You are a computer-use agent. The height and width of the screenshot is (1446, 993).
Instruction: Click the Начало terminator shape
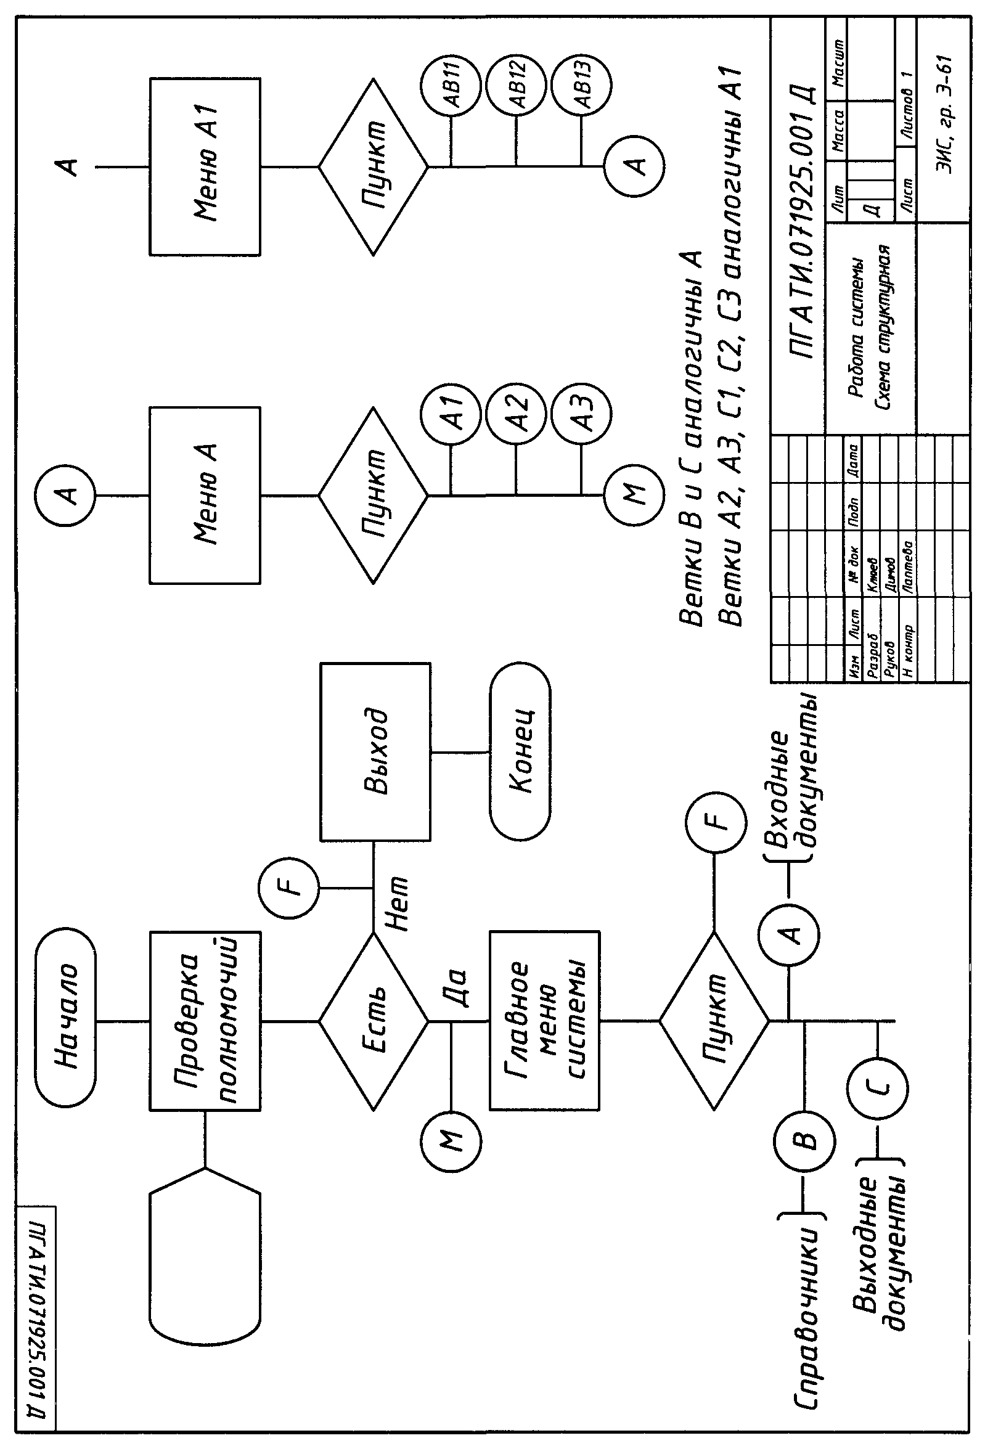pyautogui.click(x=66, y=1022)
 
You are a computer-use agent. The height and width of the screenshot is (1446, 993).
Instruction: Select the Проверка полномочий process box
pyautogui.click(x=205, y=1021)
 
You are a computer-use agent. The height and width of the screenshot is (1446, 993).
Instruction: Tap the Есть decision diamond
pyautogui.click(x=374, y=1021)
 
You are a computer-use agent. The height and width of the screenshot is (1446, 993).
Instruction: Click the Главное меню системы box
pyautogui.click(x=544, y=1021)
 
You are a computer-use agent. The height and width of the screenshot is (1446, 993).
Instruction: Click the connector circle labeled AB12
pyautogui.click(x=516, y=84)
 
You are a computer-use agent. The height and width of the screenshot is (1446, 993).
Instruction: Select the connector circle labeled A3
pyautogui.click(x=582, y=414)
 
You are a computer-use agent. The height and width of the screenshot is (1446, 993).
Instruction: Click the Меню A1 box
pyautogui.click(x=205, y=167)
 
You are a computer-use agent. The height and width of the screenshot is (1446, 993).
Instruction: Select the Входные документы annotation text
pyautogui.click(x=790, y=790)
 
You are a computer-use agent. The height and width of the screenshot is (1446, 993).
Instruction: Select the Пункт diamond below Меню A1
pyautogui.click(x=374, y=167)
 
